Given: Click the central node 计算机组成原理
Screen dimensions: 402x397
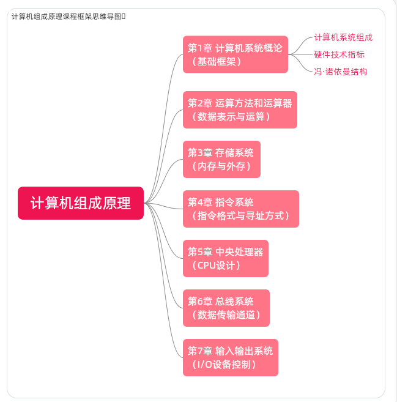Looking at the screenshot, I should [x=81, y=203].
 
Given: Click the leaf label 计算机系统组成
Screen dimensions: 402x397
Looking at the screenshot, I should [x=343, y=37].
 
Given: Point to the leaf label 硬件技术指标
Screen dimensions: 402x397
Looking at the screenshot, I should [x=339, y=54].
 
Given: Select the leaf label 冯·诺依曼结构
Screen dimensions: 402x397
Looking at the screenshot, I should [x=340, y=72].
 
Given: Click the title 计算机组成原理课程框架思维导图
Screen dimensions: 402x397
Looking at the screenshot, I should [x=67, y=16].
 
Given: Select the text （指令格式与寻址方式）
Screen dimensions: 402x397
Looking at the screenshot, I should [x=240, y=216].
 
